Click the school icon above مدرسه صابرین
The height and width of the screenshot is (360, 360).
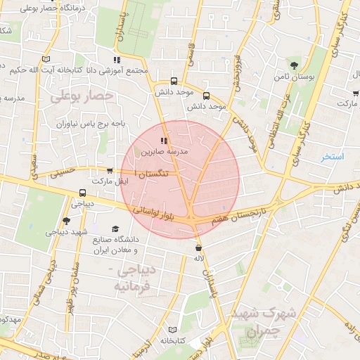(x=165, y=141)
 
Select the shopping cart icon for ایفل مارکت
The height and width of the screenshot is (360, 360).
(x=110, y=170)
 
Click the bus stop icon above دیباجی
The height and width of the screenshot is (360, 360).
(x=83, y=193)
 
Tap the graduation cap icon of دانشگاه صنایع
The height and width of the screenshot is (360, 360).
(x=115, y=229)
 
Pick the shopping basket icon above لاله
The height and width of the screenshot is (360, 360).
(x=200, y=247)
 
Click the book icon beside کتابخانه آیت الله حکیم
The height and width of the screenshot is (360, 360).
(x=46, y=59)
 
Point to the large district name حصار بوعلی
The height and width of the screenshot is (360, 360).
(x=82, y=94)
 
